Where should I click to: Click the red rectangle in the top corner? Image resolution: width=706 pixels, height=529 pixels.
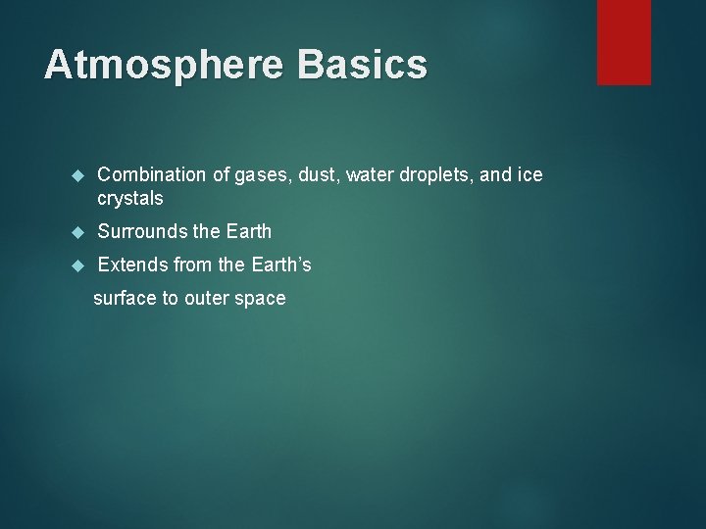click(624, 41)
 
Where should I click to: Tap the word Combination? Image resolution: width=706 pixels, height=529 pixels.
click(151, 174)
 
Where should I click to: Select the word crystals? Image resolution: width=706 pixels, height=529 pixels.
click(130, 198)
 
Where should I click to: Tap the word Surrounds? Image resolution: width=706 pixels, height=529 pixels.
click(142, 232)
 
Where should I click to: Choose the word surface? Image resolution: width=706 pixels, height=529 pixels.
click(125, 299)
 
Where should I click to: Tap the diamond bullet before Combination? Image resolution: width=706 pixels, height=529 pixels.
click(79, 175)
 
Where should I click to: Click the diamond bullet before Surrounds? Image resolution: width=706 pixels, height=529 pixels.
click(79, 233)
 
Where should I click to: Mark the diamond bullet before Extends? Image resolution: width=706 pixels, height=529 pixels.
click(79, 266)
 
